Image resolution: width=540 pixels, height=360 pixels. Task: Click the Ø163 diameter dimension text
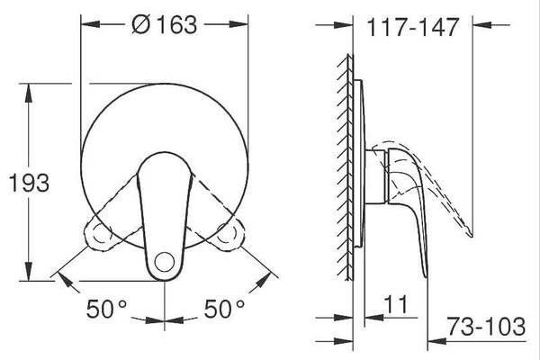[165, 25]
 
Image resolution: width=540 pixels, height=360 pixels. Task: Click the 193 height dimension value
[29, 183]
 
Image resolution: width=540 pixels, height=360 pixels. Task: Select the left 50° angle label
[106, 309]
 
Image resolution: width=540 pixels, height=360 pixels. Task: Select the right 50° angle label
[224, 309]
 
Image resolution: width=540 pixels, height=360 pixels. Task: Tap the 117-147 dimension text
[413, 27]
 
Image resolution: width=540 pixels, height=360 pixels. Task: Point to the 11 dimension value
[395, 304]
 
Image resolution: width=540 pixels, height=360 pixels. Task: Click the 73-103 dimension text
[486, 326]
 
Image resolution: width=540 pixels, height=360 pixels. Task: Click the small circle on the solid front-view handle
[165, 262]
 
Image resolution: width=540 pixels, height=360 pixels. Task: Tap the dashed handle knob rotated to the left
[99, 236]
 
